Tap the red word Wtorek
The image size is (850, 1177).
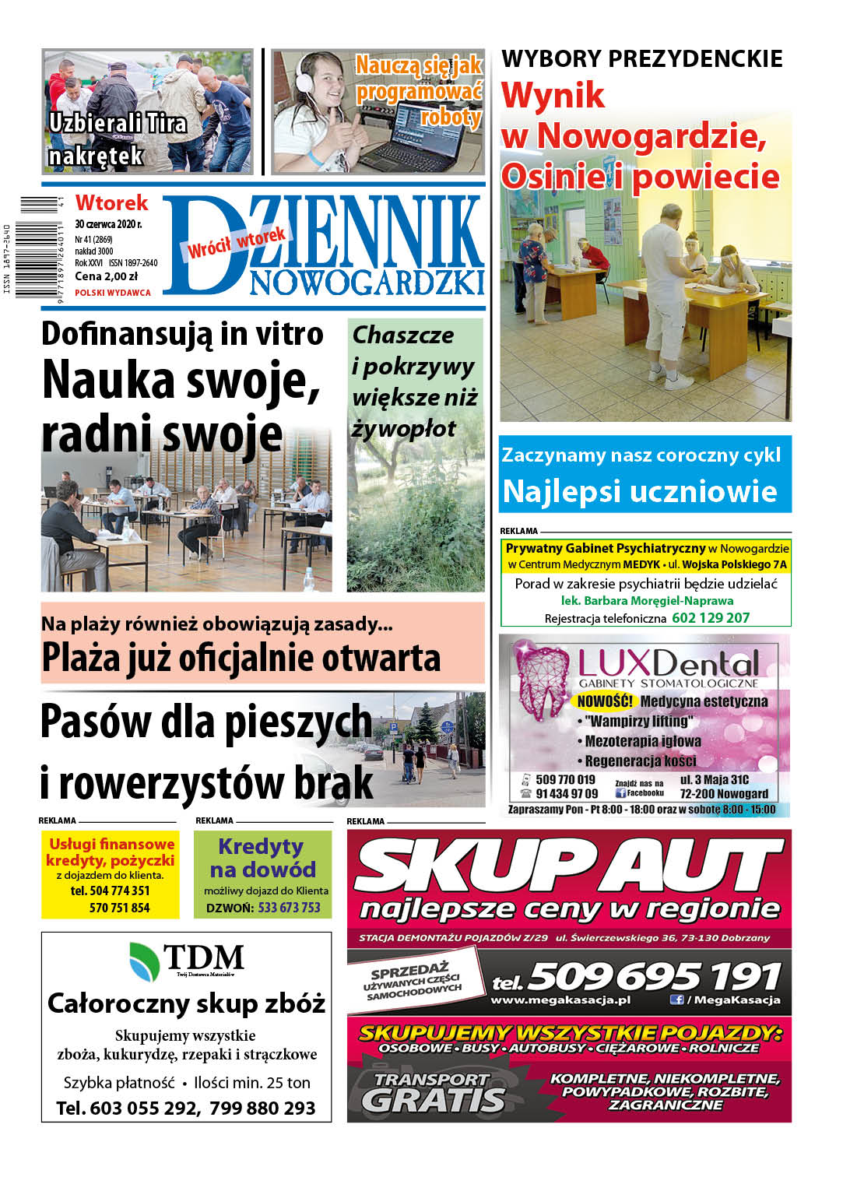pos(111,203)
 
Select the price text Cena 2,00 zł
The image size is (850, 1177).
pos(106,276)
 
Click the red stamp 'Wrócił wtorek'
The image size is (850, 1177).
pos(237,243)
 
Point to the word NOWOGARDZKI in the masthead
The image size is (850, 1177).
pos(367,283)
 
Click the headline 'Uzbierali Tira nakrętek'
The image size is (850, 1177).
pos(117,139)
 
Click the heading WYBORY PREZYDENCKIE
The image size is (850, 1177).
pos(641,59)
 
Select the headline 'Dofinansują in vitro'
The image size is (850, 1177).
pos(182,334)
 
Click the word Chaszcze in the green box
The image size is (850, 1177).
pos(402,336)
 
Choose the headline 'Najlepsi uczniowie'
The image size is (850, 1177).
pos(639,492)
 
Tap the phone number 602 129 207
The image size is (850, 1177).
pos(710,618)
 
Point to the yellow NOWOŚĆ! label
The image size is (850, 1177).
pos(605,701)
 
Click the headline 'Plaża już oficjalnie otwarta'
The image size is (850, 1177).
pos(241,659)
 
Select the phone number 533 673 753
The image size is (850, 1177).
pos(289,908)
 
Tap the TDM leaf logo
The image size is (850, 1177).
pos(144,960)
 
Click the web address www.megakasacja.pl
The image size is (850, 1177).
pos(560,1000)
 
